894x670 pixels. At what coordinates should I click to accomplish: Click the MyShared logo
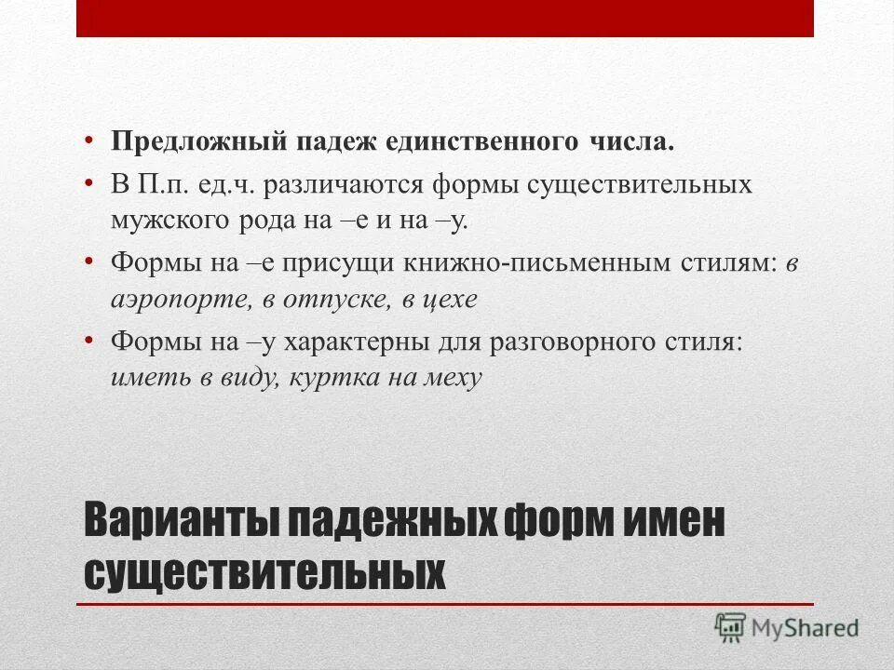point(787,627)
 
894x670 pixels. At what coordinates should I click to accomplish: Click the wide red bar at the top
point(445,19)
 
